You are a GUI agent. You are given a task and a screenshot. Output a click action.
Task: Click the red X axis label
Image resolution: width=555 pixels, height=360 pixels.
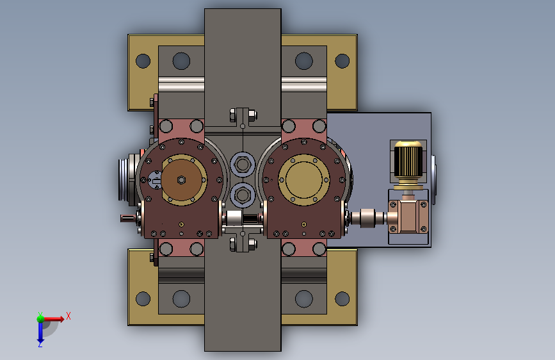pyautogui.click(x=68, y=316)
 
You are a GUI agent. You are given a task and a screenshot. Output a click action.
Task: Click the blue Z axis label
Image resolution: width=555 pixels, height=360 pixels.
pyautogui.click(x=40, y=344)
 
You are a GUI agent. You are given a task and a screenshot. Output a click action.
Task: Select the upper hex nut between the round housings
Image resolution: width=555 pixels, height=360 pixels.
pyautogui.click(x=243, y=165)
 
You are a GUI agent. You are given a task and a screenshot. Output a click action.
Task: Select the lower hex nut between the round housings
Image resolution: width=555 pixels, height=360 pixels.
pyautogui.click(x=243, y=194)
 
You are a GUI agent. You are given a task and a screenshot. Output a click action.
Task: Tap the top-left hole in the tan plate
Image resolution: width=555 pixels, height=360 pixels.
pyautogui.click(x=143, y=61)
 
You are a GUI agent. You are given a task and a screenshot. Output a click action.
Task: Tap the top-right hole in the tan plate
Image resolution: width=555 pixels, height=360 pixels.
pyautogui.click(x=342, y=61)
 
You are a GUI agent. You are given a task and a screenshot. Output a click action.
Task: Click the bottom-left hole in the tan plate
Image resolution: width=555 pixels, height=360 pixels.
pyautogui.click(x=143, y=299)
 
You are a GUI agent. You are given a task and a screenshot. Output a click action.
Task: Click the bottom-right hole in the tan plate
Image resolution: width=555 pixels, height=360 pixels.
pyautogui.click(x=342, y=299)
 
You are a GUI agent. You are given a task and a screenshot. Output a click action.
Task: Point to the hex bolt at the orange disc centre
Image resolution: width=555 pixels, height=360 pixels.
pyautogui.click(x=181, y=179)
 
